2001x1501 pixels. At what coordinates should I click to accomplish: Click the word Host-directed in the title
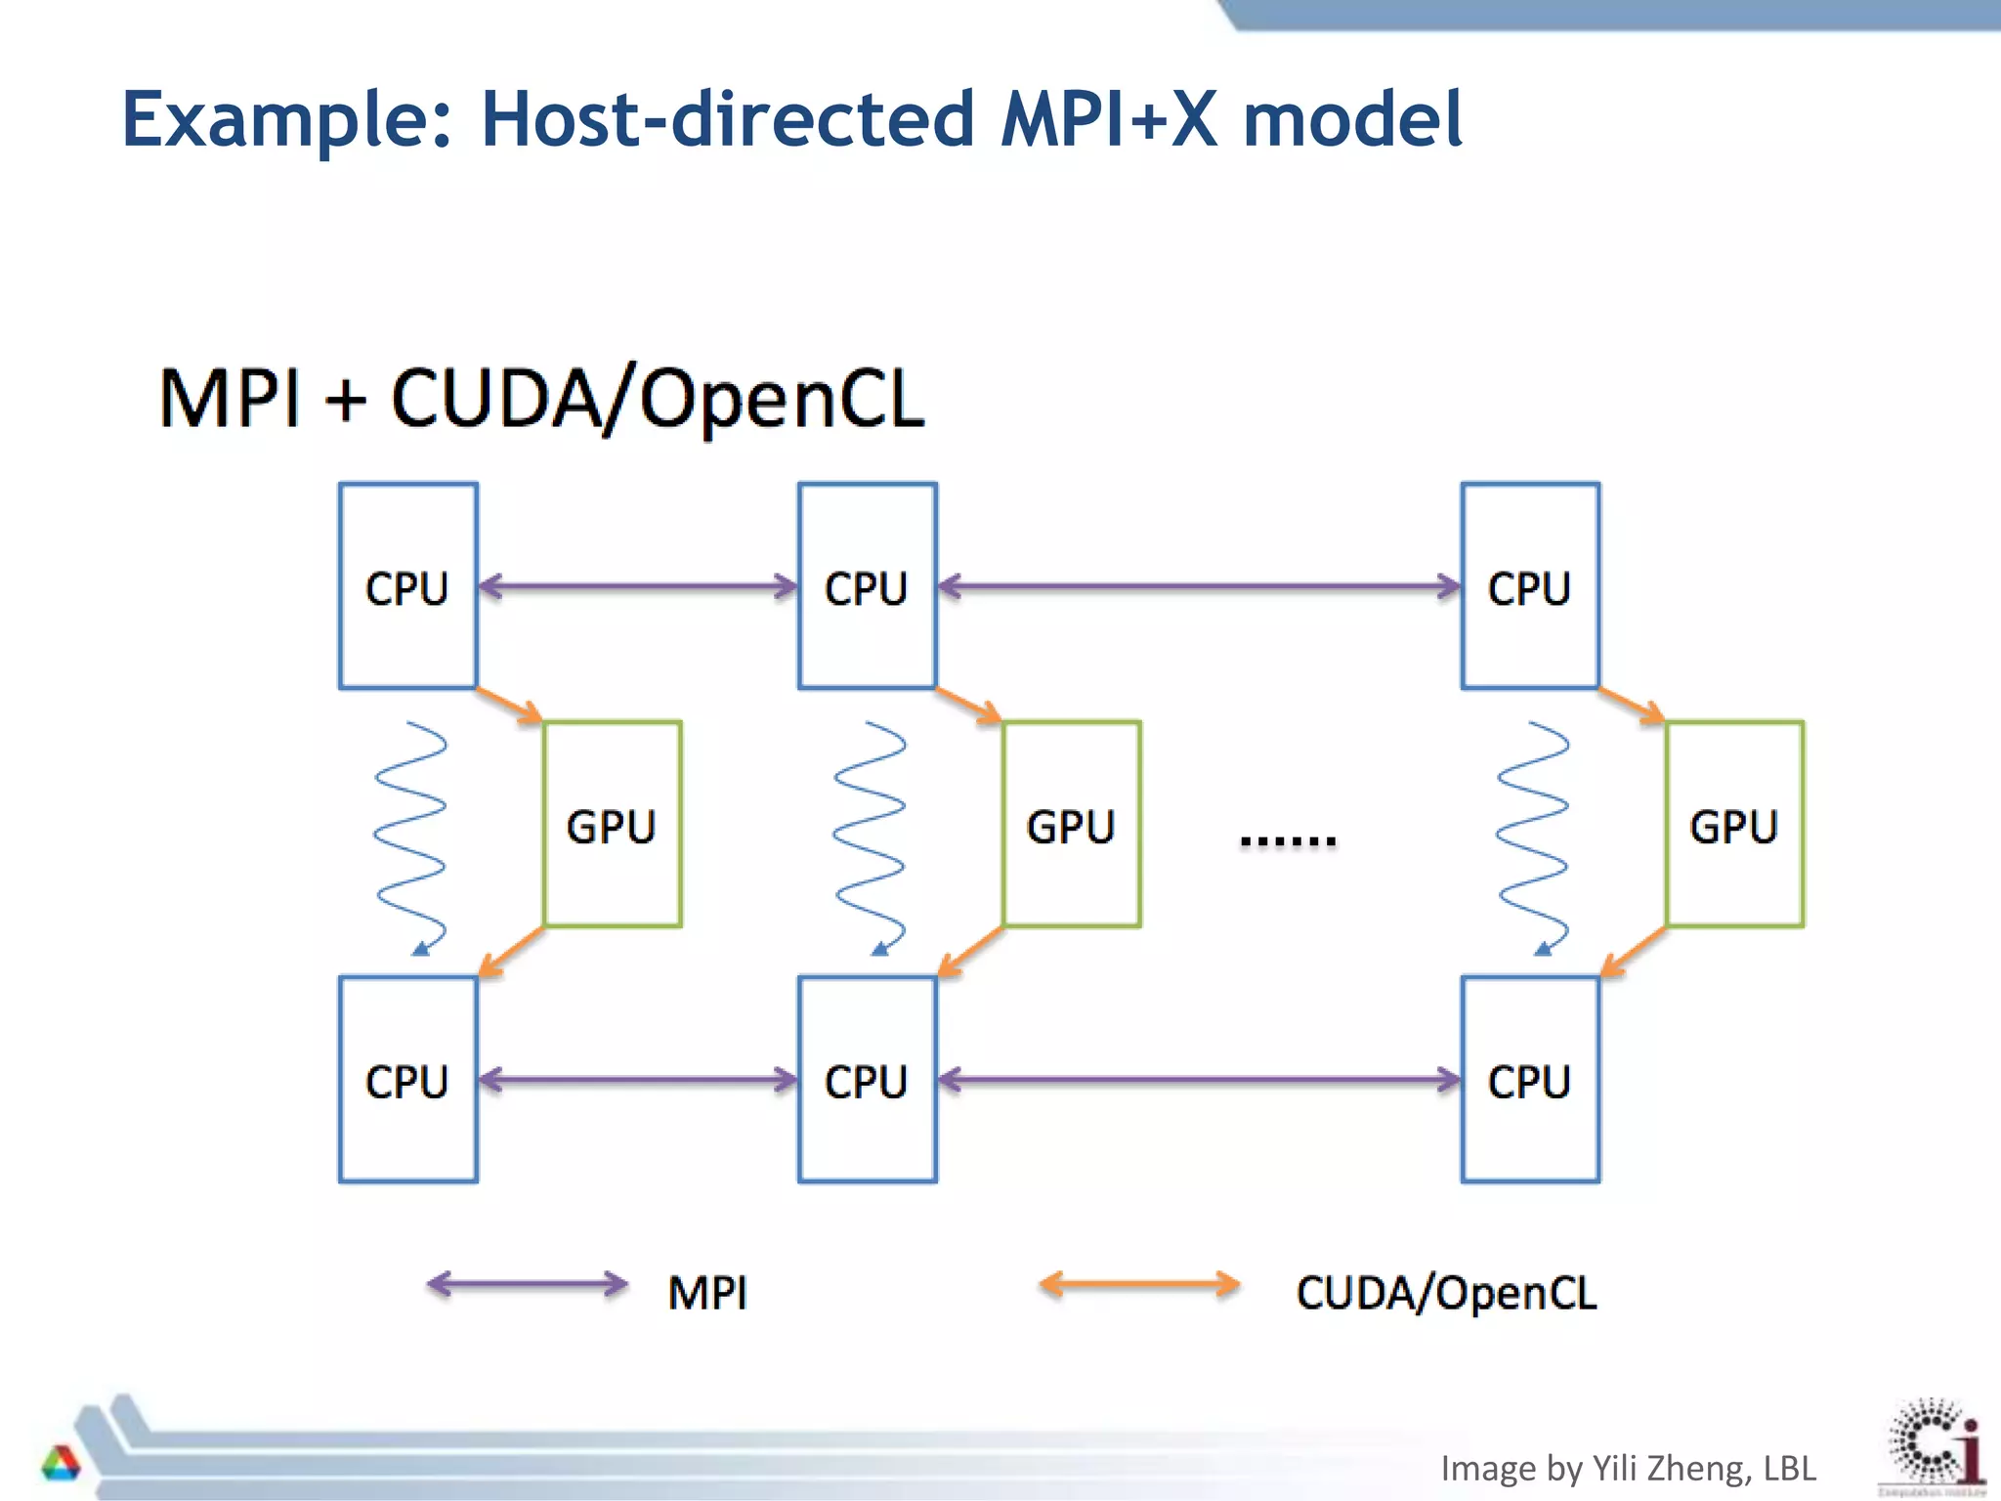point(728,119)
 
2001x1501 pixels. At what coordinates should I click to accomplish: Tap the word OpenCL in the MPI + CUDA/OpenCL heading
point(782,401)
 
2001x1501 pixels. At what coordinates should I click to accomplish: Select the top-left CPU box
point(408,586)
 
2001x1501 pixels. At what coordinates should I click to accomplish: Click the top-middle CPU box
point(868,586)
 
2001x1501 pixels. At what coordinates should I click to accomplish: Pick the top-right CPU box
point(1530,586)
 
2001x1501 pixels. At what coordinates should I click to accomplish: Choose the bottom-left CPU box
point(408,1080)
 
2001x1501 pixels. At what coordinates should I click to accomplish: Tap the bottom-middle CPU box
point(868,1080)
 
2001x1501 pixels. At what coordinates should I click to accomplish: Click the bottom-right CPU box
point(1530,1080)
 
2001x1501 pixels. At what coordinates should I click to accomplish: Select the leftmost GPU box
point(613,825)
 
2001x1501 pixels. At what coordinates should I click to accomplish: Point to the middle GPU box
point(1072,825)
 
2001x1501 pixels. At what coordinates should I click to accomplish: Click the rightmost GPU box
point(1734,825)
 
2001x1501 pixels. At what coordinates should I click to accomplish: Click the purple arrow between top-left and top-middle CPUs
point(638,587)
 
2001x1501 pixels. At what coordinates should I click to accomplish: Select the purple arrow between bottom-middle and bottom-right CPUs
point(1199,1080)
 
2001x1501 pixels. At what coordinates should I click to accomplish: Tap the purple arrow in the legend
point(528,1284)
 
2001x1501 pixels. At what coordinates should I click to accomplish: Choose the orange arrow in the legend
point(1139,1284)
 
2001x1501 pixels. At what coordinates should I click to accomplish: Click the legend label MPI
point(707,1293)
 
